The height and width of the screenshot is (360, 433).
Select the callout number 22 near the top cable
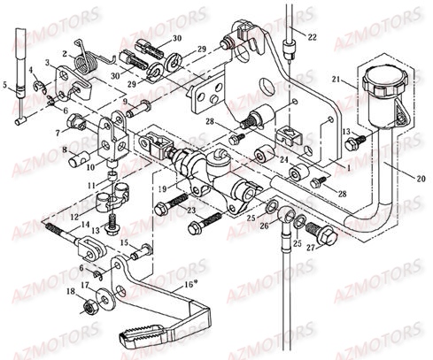click(311, 35)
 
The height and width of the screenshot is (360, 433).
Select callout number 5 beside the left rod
click(7, 86)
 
